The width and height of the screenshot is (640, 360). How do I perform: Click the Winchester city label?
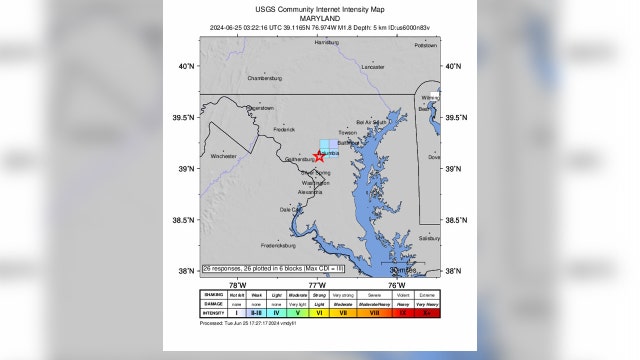224,156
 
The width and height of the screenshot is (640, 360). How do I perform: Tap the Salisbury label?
429,239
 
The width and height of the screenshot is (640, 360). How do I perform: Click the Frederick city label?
284,128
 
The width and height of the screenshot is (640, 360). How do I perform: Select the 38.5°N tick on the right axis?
455,220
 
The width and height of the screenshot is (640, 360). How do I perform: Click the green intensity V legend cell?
297,313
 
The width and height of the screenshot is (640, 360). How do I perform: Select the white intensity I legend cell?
236,313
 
